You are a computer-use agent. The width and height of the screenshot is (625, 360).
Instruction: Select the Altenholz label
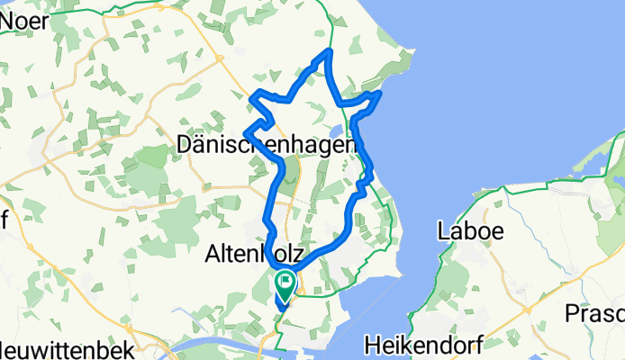[x=257, y=250]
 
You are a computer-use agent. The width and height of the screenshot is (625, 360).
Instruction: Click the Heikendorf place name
[x=423, y=344]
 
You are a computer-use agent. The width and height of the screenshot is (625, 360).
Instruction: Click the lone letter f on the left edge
[x=4, y=219]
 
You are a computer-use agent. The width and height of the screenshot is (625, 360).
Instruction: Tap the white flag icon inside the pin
[x=285, y=281]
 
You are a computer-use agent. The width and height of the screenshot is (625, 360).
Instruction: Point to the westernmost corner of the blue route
[x=246, y=134]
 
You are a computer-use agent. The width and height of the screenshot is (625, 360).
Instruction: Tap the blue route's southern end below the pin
[x=281, y=309]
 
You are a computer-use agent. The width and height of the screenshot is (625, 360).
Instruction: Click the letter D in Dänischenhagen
[x=185, y=144]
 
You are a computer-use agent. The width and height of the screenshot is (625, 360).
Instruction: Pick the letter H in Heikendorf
[x=373, y=344]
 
